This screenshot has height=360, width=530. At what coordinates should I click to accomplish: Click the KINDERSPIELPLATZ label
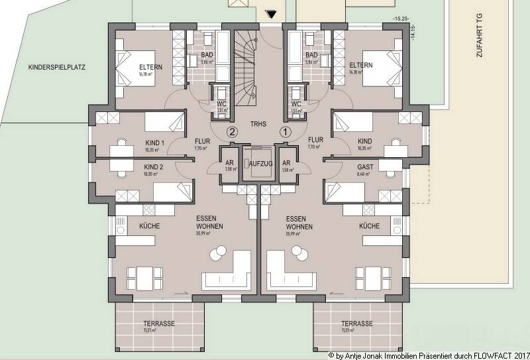tap(58, 68)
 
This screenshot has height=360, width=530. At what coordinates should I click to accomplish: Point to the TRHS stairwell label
tap(258, 124)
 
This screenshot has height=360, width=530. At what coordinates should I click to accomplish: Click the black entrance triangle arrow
tap(270, 14)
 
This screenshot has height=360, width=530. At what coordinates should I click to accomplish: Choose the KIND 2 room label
tap(154, 167)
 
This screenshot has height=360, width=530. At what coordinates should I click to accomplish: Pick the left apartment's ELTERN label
tap(151, 66)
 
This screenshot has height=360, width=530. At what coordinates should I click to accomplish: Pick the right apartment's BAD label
tap(311, 55)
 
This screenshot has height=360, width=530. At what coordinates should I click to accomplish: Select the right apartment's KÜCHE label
tap(368, 226)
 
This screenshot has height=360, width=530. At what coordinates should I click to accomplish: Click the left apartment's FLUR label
tap(203, 140)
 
